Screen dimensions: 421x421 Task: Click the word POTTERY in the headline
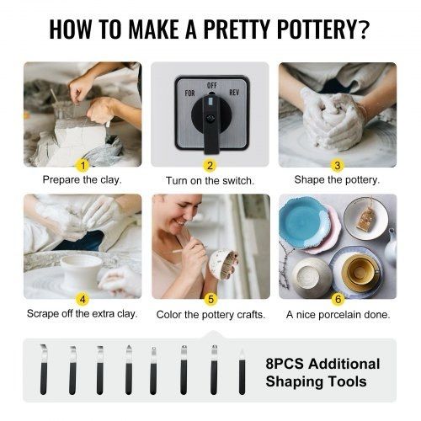[323, 29]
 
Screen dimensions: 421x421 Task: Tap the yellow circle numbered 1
[83, 166]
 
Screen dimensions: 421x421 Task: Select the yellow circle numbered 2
[210, 166]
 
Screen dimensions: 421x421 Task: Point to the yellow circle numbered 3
[338, 166]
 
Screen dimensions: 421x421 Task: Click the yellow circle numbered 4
[83, 299]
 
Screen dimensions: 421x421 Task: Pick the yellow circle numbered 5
[210, 299]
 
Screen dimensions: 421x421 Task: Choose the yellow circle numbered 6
[338, 299]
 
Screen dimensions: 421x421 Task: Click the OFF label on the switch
[211, 85]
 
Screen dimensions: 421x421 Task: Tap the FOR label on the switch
[189, 93]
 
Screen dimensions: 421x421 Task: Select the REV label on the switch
[234, 93]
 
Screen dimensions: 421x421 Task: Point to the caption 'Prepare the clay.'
[83, 179]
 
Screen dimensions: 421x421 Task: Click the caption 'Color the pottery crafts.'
[210, 315]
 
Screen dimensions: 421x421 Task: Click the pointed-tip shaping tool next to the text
[242, 371]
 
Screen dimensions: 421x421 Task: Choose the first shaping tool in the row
[44, 370]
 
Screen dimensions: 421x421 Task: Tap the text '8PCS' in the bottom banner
[285, 364]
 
